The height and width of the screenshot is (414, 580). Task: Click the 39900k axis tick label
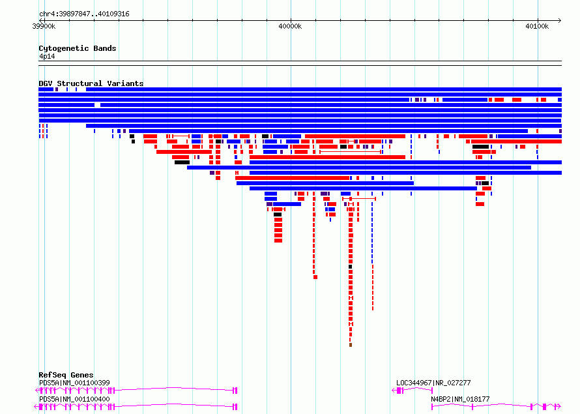[x=44, y=26]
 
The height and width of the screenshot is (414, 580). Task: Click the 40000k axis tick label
[x=291, y=26]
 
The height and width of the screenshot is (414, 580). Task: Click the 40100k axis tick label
[x=537, y=26]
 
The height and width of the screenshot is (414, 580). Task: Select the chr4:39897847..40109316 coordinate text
[x=84, y=14]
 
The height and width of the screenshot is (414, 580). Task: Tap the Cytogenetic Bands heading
[x=78, y=48]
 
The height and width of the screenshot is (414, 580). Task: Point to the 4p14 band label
[x=47, y=56]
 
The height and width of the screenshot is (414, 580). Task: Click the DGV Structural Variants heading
[x=91, y=83]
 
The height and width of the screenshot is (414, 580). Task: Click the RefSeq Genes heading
[x=66, y=375]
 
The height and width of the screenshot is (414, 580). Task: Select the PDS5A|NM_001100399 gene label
[x=74, y=383]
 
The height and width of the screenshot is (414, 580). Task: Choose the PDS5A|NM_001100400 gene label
[x=74, y=399]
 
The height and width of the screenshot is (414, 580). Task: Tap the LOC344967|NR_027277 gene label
[x=433, y=383]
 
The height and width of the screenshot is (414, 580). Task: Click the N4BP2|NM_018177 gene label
[x=460, y=399]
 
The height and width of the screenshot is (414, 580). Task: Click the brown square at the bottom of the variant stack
[x=351, y=345]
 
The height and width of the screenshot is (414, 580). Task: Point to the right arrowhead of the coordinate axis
[x=560, y=20]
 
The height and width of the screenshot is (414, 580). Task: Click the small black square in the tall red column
[x=351, y=267]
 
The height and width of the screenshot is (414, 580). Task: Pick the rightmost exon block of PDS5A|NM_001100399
[x=235, y=391]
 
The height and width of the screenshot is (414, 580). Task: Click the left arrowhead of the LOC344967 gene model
[x=394, y=391]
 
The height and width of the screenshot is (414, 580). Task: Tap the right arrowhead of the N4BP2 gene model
[x=559, y=407]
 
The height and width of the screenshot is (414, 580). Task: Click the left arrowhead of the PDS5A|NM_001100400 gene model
[x=36, y=407]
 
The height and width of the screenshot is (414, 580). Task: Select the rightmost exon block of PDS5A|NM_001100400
[x=235, y=407]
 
